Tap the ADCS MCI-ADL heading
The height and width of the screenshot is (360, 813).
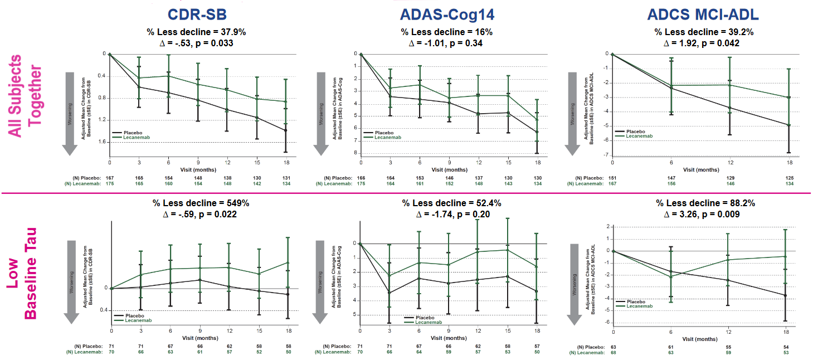click(703, 14)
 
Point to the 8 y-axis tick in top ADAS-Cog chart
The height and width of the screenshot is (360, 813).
click(355, 153)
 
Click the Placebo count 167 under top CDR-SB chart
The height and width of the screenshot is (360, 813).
click(110, 178)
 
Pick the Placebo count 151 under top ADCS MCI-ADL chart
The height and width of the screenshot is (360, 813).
click(612, 178)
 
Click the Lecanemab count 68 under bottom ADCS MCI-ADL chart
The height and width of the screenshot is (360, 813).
click(614, 352)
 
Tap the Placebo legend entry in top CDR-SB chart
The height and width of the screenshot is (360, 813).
click(128, 133)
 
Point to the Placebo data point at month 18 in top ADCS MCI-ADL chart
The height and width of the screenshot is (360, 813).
click(789, 125)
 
